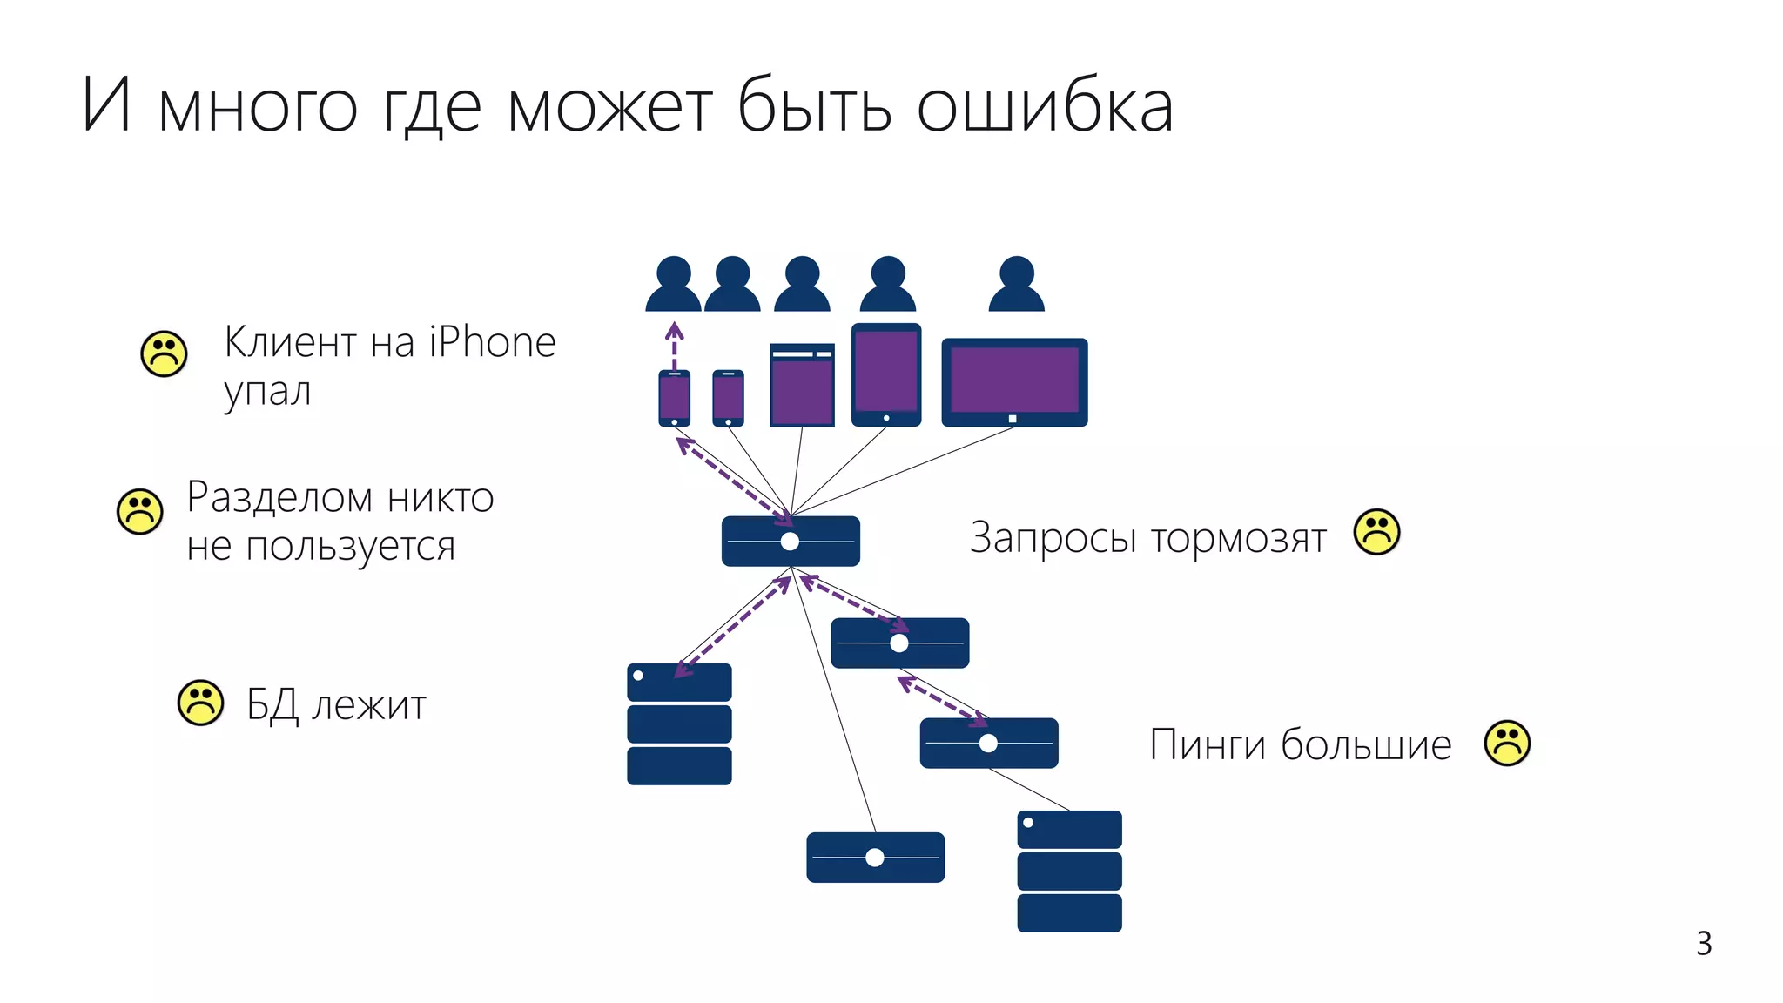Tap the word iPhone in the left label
492,342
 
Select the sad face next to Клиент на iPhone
164,353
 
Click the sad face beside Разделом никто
139,511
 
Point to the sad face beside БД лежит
200,703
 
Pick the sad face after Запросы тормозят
1376,531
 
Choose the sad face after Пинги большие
1507,743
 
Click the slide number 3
1704,944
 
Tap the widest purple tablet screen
1014,380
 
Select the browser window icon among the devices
802,385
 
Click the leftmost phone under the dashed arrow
674,398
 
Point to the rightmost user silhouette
1016,285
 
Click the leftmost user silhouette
673,285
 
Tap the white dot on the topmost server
790,542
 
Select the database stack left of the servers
679,724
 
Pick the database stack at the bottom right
1069,871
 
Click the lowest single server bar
875,858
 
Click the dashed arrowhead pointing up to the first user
674,330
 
